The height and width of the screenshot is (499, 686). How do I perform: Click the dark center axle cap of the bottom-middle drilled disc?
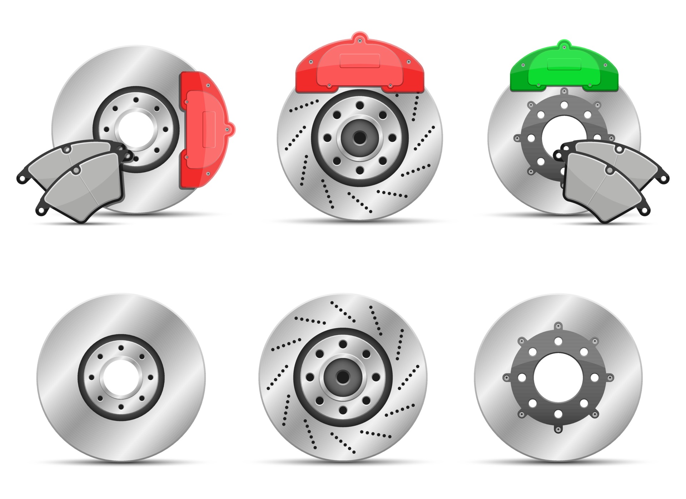[x=343, y=377]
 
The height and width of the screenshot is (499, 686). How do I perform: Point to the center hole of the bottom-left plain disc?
[x=121, y=377]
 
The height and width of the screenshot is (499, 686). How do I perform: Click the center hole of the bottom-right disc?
[x=558, y=377]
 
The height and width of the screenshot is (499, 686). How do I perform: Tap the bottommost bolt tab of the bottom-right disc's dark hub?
[x=558, y=429]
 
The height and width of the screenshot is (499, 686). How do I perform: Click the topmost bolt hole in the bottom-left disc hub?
[x=121, y=348]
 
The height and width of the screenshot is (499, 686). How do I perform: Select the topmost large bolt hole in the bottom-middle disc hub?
[x=343, y=344]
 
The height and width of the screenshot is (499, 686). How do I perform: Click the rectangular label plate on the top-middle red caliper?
[x=359, y=61]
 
